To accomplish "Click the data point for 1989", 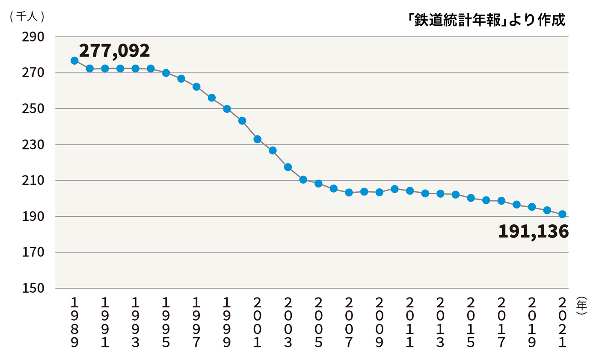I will (74, 61).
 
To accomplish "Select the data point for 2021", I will (562, 214).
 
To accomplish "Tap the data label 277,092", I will (114, 51).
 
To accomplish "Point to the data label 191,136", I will (533, 232).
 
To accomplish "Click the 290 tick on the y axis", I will (33, 37).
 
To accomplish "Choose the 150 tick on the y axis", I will (33, 289).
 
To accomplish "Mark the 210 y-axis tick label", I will (33, 181).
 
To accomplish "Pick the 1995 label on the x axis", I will (166, 324).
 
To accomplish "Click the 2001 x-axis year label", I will (257, 324).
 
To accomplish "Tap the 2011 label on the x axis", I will (409, 324).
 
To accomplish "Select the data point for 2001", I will (257, 139).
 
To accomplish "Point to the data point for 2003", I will (288, 167).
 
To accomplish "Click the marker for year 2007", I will (349, 192).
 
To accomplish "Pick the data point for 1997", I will (196, 86).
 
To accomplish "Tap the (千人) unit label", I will (27, 17).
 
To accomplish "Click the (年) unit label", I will (581, 306).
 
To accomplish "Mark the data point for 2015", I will (471, 198).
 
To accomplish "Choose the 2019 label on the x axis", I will (532, 324).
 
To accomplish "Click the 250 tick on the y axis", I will (33, 109).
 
